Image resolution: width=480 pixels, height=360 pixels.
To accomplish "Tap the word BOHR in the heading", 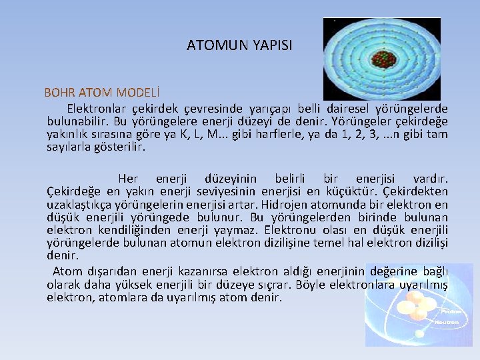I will (x=59, y=92).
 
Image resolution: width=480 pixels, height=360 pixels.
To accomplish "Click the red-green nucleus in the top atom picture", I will (x=382, y=58).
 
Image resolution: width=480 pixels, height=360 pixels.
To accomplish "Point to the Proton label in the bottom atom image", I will (x=448, y=311).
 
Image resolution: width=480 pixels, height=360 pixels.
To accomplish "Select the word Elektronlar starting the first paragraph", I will (x=98, y=109).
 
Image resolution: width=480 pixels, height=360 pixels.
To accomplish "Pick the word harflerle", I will (x=261, y=134).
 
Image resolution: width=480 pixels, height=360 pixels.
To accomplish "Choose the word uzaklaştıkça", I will (x=78, y=205).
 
